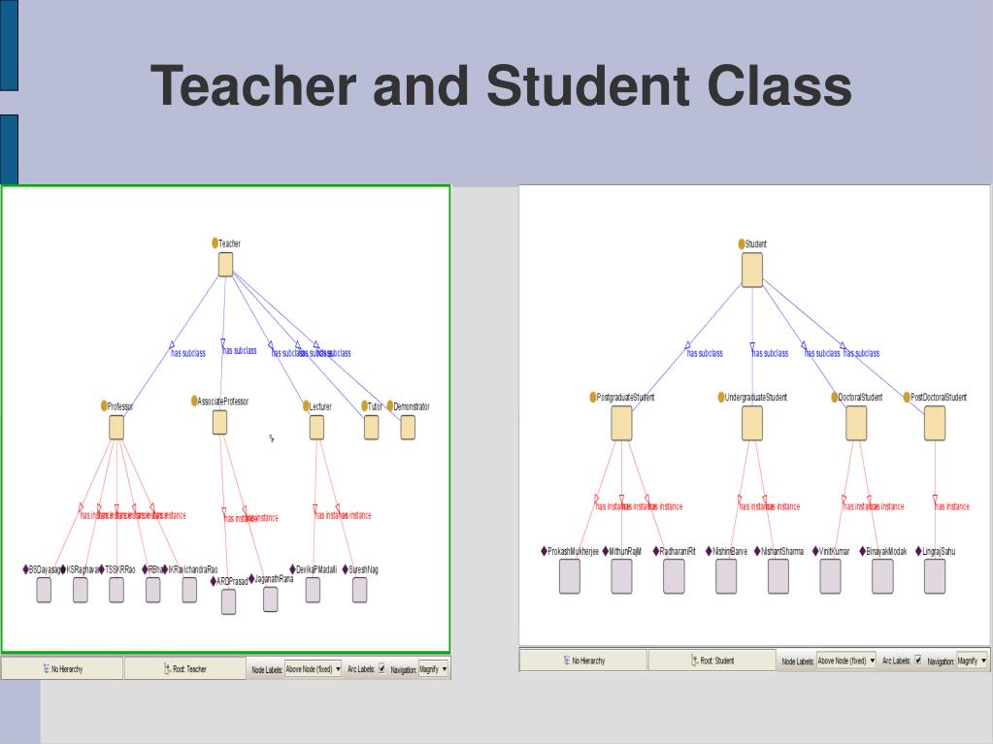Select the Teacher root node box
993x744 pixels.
pyautogui.click(x=225, y=265)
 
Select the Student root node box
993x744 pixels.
pyautogui.click(x=752, y=269)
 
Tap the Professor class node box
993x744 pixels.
pyautogui.click(x=116, y=428)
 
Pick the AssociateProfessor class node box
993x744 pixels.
pyautogui.click(x=219, y=422)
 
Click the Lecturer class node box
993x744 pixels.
pyautogui.click(x=316, y=428)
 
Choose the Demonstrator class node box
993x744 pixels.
pyautogui.click(x=408, y=428)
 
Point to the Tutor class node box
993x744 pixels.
pyautogui.click(x=372, y=428)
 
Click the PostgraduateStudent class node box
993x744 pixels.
pyautogui.click(x=622, y=424)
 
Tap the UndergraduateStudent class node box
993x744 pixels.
pyautogui.click(x=752, y=424)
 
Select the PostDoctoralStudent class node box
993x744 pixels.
pyautogui.click(x=935, y=423)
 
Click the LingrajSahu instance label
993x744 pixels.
pyautogui.click(x=935, y=551)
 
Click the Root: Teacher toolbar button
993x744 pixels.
pyautogui.click(x=184, y=668)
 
